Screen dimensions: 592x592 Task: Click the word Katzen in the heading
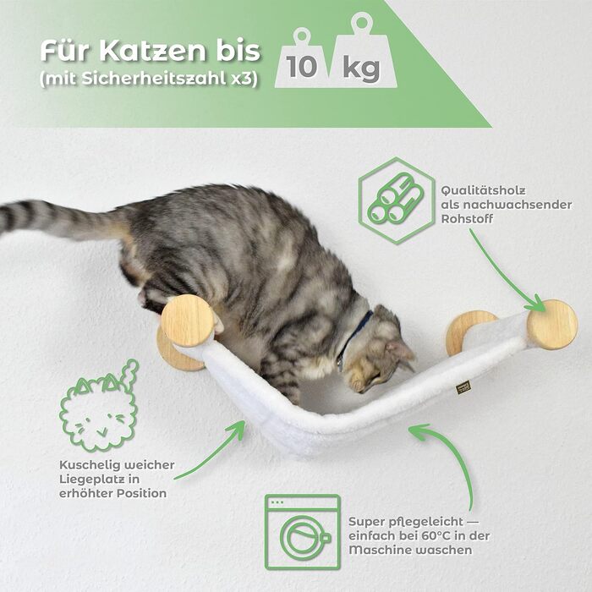(x=152, y=52)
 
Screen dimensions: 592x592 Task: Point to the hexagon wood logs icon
(x=396, y=200)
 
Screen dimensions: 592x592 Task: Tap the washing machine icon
(x=303, y=532)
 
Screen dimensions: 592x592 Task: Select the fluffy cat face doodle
(x=100, y=406)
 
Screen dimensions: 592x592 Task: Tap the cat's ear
(x=401, y=351)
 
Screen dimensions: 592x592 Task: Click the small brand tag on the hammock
(x=463, y=387)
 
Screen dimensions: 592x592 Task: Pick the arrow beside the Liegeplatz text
(x=210, y=453)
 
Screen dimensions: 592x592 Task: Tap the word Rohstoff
(x=467, y=219)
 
